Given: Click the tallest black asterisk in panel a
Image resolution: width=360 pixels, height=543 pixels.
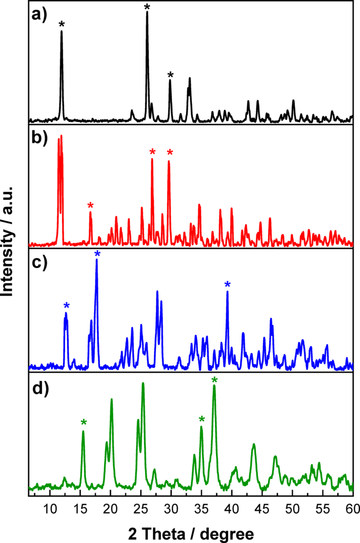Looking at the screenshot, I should click(x=147, y=7).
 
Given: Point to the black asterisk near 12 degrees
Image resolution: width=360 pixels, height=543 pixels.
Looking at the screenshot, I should click(x=62, y=24).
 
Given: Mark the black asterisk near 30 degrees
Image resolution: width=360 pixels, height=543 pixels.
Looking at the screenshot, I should click(x=170, y=75).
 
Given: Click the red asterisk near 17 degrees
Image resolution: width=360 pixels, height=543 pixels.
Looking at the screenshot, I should click(x=90, y=206).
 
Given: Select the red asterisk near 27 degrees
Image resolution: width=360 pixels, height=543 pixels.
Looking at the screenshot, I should click(x=152, y=152).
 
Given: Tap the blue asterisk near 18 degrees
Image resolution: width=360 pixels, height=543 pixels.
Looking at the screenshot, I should click(x=97, y=254).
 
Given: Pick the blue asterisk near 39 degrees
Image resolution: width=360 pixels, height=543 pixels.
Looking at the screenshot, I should click(x=227, y=285).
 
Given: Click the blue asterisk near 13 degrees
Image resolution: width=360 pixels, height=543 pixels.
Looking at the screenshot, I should click(x=66, y=306).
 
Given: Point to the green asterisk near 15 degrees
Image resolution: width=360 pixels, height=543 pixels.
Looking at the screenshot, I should click(x=83, y=422).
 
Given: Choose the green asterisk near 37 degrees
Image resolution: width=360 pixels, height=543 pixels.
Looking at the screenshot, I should click(x=214, y=380).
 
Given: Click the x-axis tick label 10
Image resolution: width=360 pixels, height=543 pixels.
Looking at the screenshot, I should click(x=50, y=509).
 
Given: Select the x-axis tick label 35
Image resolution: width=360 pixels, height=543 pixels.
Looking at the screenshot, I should click(x=201, y=509).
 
